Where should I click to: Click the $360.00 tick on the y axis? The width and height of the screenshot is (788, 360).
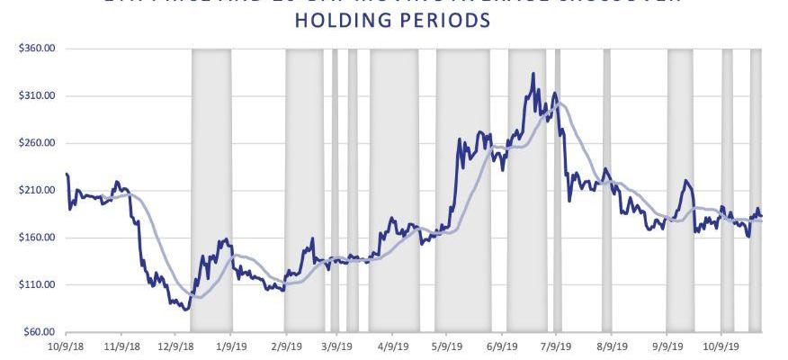(32, 49)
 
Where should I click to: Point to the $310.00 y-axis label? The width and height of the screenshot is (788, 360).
(32, 95)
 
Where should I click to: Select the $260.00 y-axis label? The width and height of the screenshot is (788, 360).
(32, 143)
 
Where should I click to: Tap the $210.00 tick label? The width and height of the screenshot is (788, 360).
(32, 191)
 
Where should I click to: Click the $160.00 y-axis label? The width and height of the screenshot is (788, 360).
(32, 238)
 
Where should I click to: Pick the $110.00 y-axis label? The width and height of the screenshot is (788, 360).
(32, 285)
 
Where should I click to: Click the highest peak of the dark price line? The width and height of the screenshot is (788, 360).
(533, 74)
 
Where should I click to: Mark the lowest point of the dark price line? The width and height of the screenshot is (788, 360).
(186, 310)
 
